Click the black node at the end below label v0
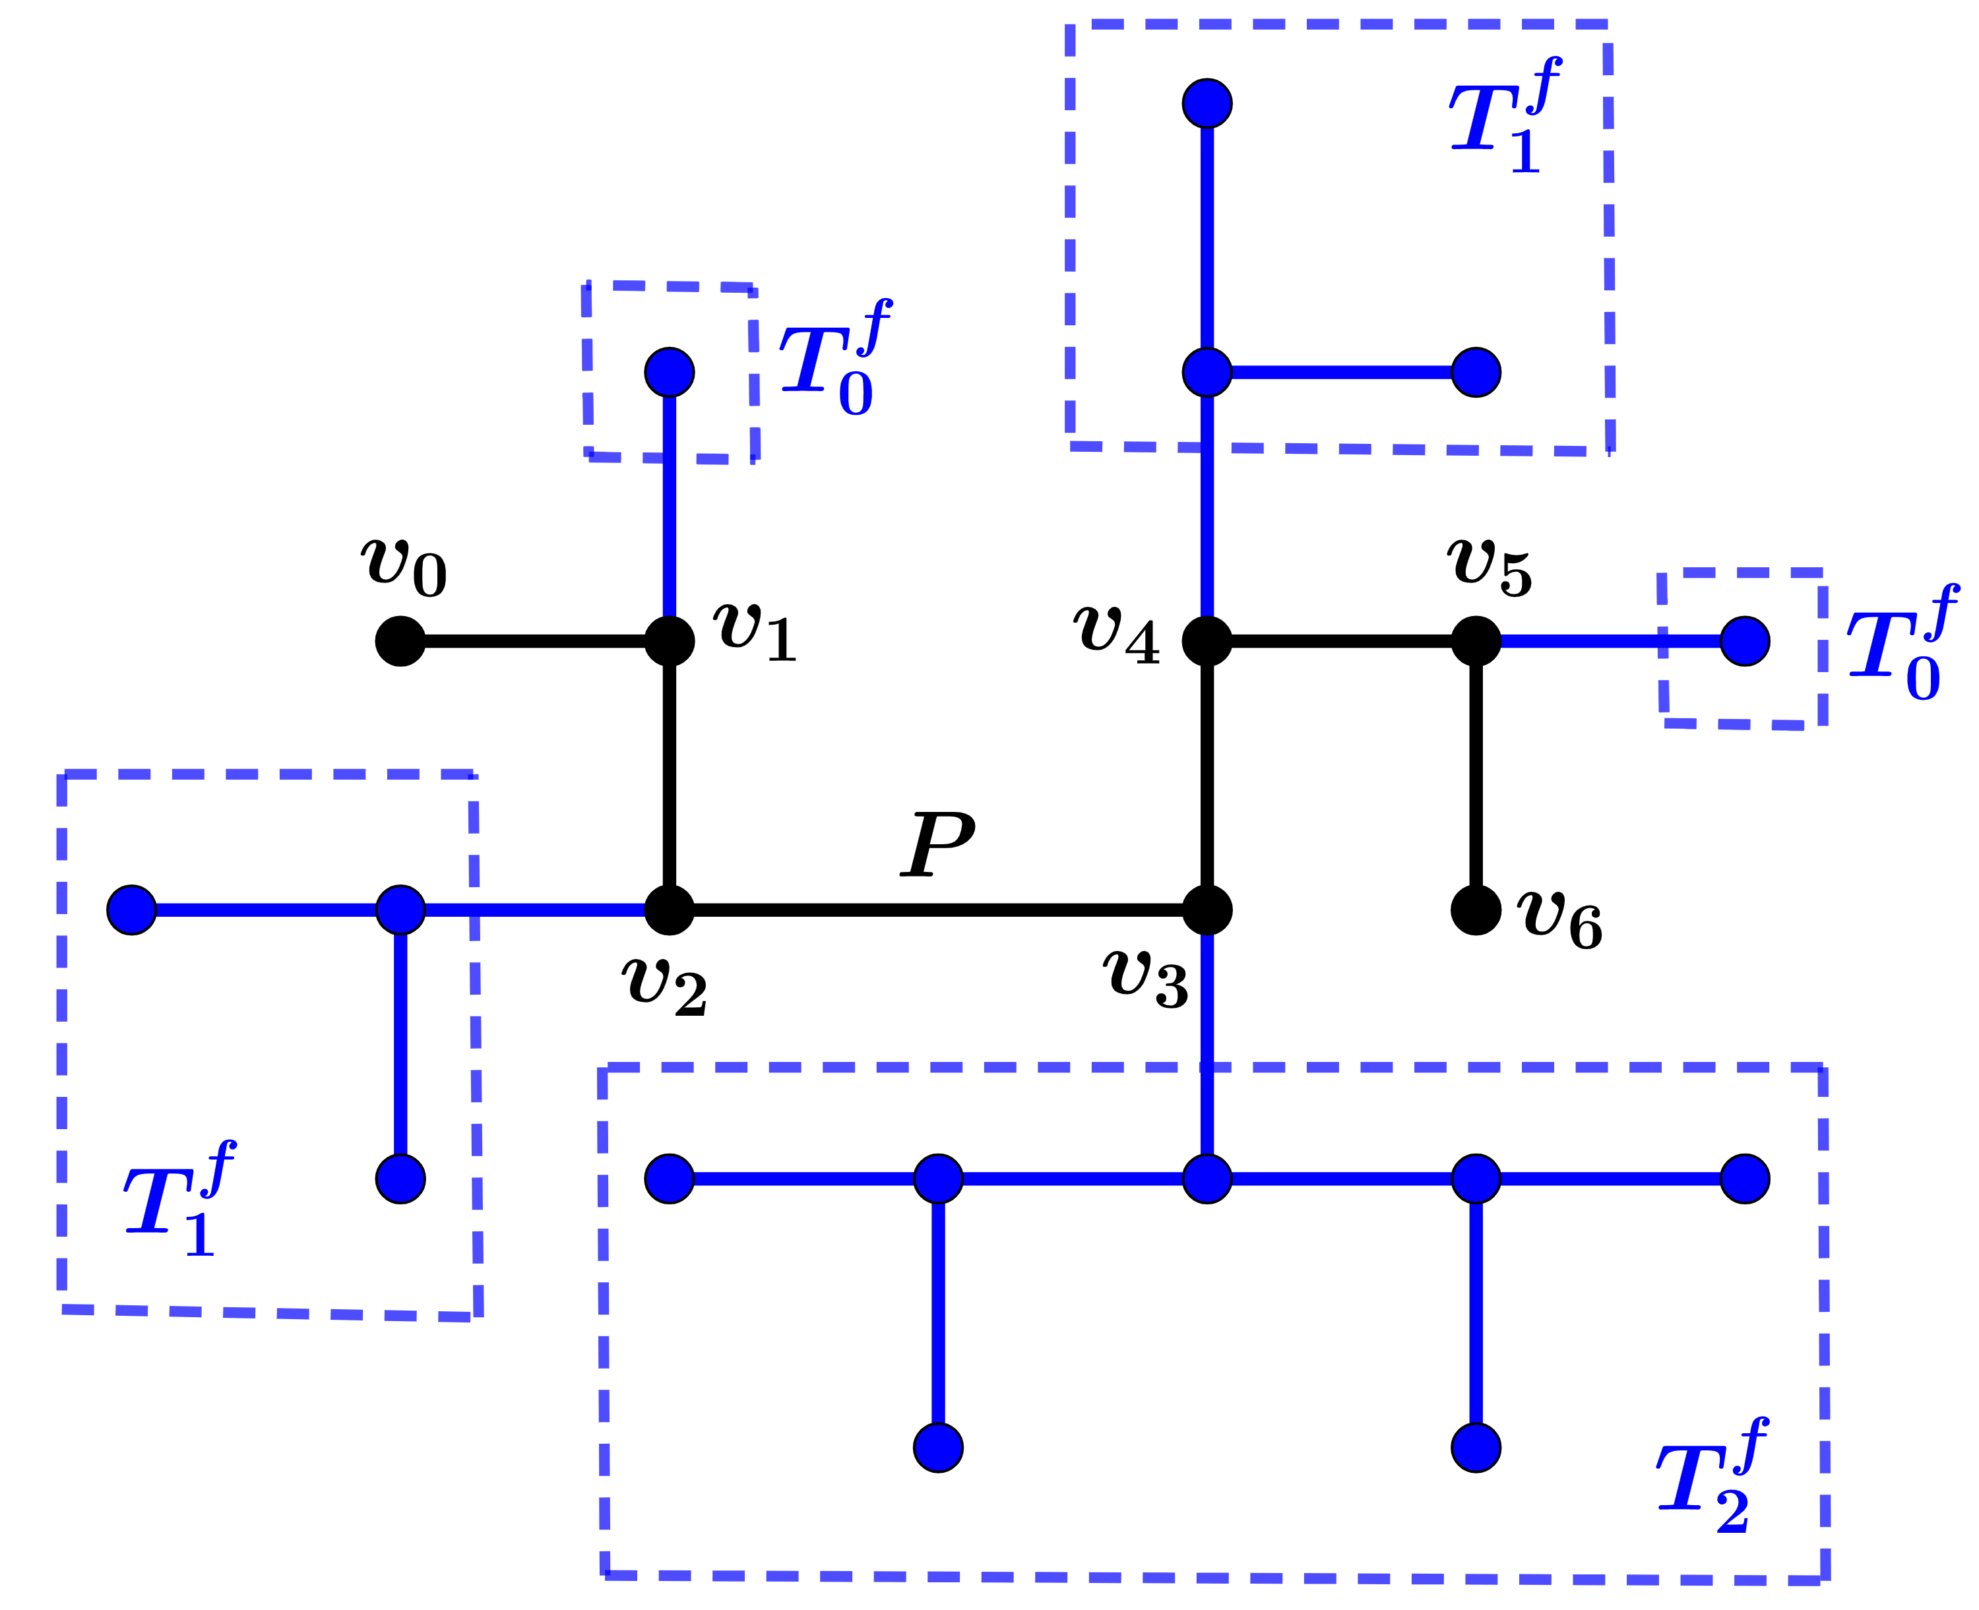click(400, 641)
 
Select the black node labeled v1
click(669, 641)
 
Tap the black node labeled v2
click(669, 910)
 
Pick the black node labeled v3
click(1207, 910)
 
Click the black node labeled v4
click(1207, 641)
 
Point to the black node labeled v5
click(1476, 641)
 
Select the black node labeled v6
click(1476, 910)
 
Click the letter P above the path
click(937, 844)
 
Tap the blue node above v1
click(669, 372)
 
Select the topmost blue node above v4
click(1207, 103)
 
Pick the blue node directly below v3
click(1207, 1179)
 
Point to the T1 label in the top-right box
click(1502, 119)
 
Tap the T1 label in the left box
click(176, 1202)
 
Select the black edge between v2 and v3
click(937, 910)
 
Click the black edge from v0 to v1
click(534, 641)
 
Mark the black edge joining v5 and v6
click(1476, 776)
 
